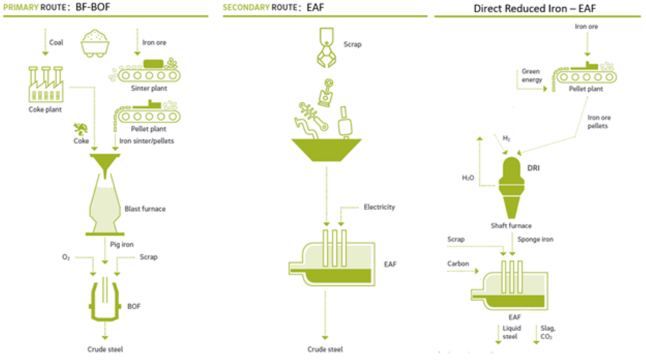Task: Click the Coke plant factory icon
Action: tap(46, 86)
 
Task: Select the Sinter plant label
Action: tap(150, 88)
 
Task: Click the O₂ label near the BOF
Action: tap(66, 257)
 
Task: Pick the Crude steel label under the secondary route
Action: tap(325, 349)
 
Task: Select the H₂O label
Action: tap(467, 178)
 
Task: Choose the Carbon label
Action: tap(458, 263)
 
